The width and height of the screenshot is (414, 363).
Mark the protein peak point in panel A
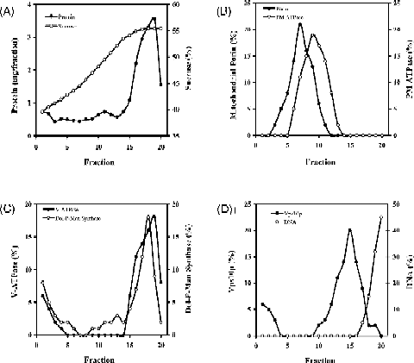tap(154, 19)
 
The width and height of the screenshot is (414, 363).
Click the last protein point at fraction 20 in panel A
tap(160, 84)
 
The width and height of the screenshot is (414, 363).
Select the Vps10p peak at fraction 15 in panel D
tap(349, 230)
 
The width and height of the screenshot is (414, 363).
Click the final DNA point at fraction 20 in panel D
tap(381, 217)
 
